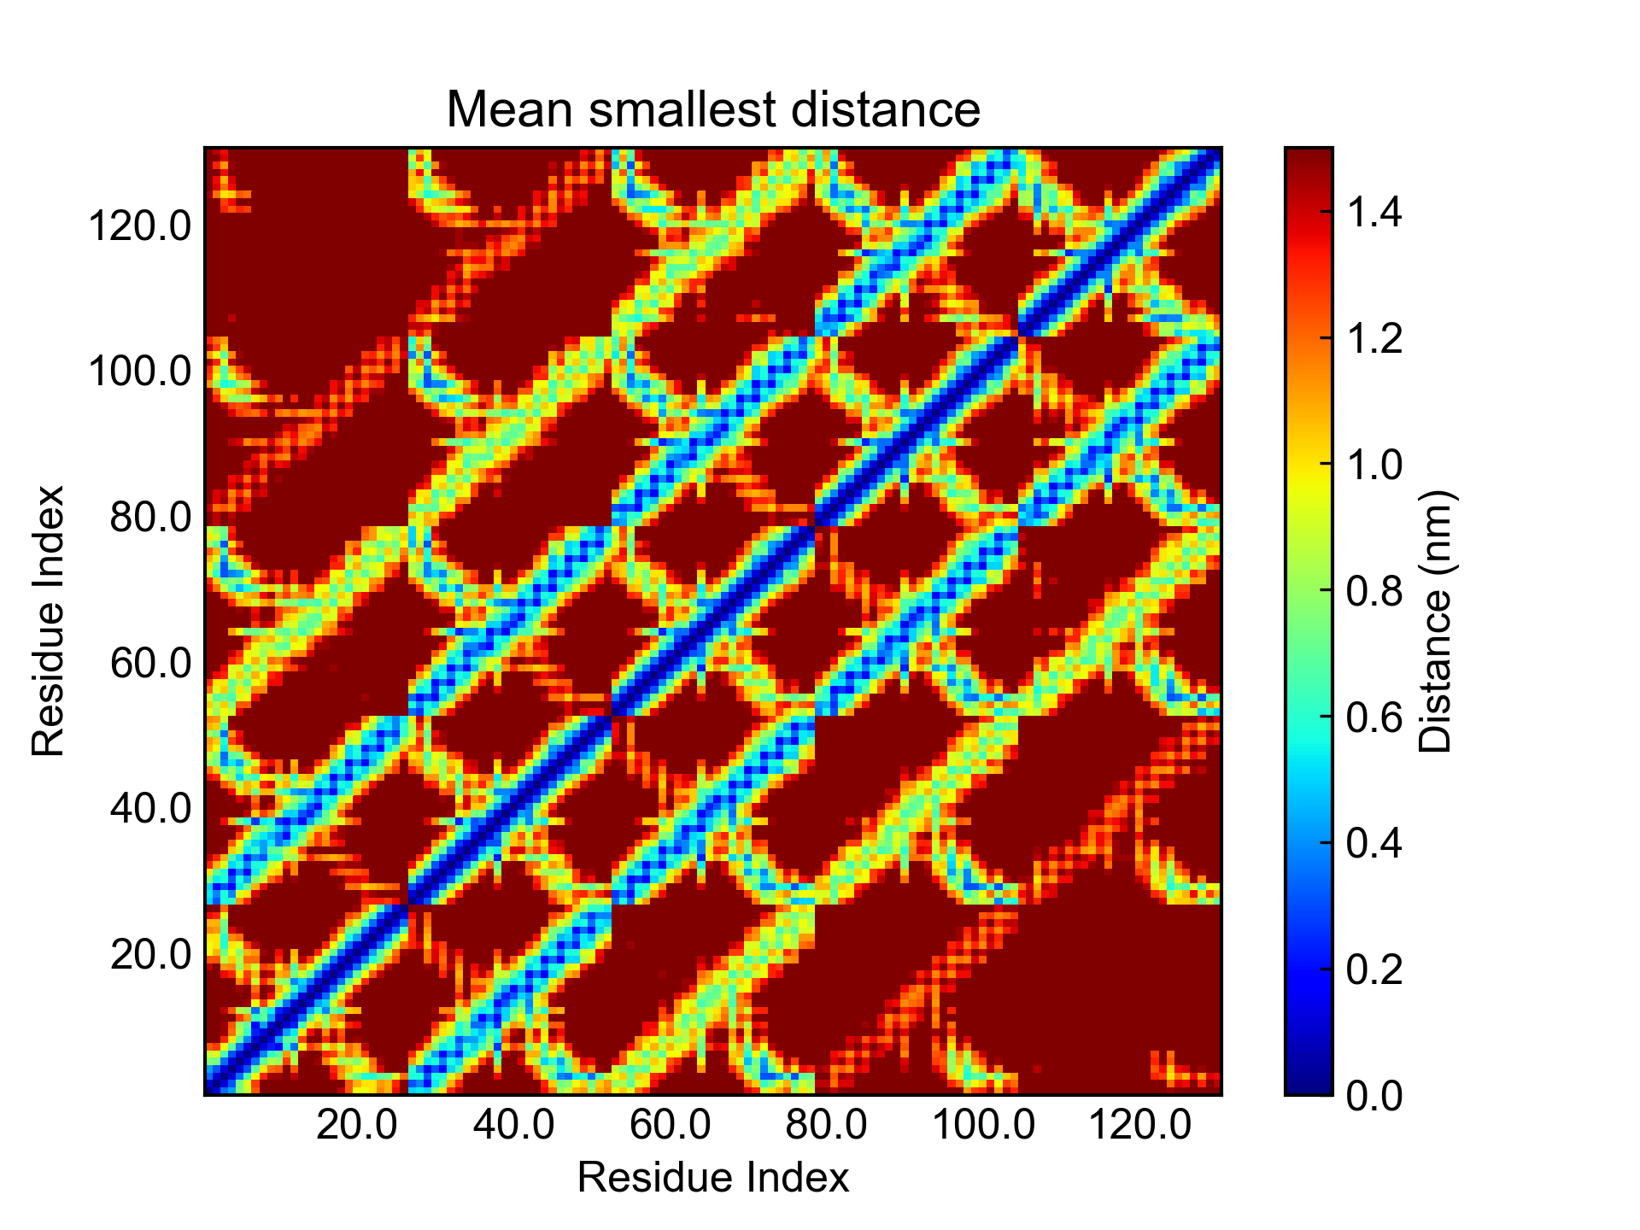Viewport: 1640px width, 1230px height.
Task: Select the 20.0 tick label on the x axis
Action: [356, 1125]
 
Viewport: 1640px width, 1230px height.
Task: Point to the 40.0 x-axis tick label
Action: [513, 1125]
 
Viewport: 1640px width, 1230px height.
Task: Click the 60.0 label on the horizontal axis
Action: [670, 1125]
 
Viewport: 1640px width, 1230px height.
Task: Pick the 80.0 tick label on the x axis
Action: [826, 1125]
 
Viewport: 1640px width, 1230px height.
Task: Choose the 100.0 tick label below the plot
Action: [982, 1125]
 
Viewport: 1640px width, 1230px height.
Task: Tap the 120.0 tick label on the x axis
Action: [1139, 1125]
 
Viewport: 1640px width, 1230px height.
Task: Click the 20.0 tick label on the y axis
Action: [151, 954]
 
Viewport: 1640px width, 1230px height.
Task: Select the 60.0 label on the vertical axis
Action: [151, 663]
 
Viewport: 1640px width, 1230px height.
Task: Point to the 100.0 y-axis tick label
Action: [140, 372]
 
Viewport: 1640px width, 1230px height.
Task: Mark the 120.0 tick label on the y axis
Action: [140, 227]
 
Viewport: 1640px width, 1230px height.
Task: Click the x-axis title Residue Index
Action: [713, 1178]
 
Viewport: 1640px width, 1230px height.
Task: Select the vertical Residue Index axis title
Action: [49, 621]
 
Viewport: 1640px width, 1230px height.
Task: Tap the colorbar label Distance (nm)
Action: [1436, 621]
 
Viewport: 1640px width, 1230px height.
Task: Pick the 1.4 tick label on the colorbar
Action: [1374, 211]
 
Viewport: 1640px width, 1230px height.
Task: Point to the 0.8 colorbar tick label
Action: [1374, 590]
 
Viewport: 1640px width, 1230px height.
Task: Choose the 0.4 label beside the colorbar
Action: [1374, 843]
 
